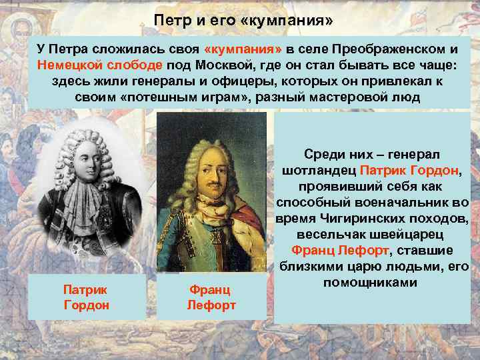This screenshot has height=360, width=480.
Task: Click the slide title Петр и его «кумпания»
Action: coord(243,20)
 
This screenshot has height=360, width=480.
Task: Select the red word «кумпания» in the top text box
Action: coord(244,50)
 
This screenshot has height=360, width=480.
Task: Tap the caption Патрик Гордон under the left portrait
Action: coord(86,297)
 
